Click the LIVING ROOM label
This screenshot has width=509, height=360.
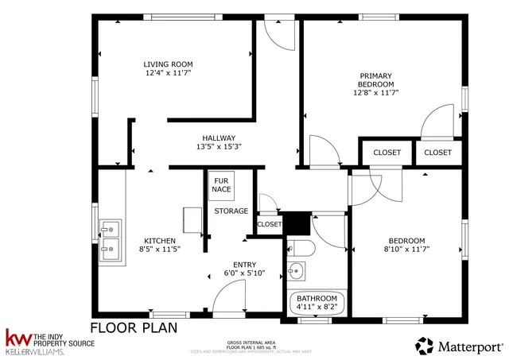click(x=168, y=64)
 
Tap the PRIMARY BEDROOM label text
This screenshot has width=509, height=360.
click(x=375, y=79)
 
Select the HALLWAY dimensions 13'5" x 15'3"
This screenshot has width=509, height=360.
click(x=218, y=146)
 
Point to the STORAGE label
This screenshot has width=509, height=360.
click(x=231, y=211)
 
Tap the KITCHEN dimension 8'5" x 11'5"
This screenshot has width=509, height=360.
click(x=159, y=250)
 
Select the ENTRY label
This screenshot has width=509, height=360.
click(x=244, y=265)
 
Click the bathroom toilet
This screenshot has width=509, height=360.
click(x=301, y=248)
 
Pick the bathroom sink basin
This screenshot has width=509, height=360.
click(x=297, y=273)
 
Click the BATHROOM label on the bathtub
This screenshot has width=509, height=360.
click(x=317, y=300)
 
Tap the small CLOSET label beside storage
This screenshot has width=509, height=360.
click(x=269, y=225)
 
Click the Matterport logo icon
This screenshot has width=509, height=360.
click(x=425, y=346)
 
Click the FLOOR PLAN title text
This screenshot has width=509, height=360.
click(x=133, y=327)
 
